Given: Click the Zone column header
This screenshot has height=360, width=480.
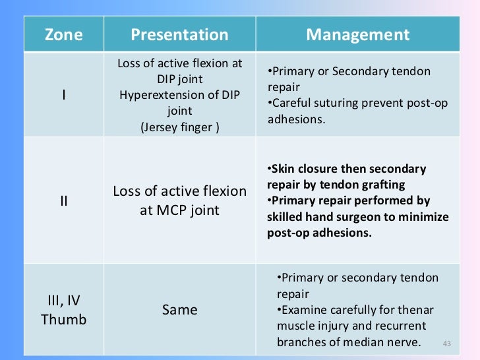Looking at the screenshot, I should [x=63, y=35].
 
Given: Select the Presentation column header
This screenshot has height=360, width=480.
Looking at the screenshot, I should [x=179, y=35].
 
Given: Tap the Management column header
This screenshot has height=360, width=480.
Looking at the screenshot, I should [x=357, y=35].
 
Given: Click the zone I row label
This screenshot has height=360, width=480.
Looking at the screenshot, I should [x=63, y=95].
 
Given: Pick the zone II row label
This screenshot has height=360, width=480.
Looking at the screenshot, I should [x=63, y=200].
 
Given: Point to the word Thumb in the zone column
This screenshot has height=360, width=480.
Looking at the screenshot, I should [x=63, y=320].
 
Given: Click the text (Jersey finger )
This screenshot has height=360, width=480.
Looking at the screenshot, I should [x=179, y=127].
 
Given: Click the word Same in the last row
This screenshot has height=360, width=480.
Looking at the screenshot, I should [x=179, y=309].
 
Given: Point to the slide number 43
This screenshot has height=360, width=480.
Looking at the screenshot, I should [x=447, y=344].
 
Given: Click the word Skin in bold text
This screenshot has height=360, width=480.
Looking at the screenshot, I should [x=284, y=169].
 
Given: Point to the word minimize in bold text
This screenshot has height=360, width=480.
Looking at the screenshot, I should [x=423, y=216].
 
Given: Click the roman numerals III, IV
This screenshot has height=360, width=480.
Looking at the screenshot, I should [x=63, y=301].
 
